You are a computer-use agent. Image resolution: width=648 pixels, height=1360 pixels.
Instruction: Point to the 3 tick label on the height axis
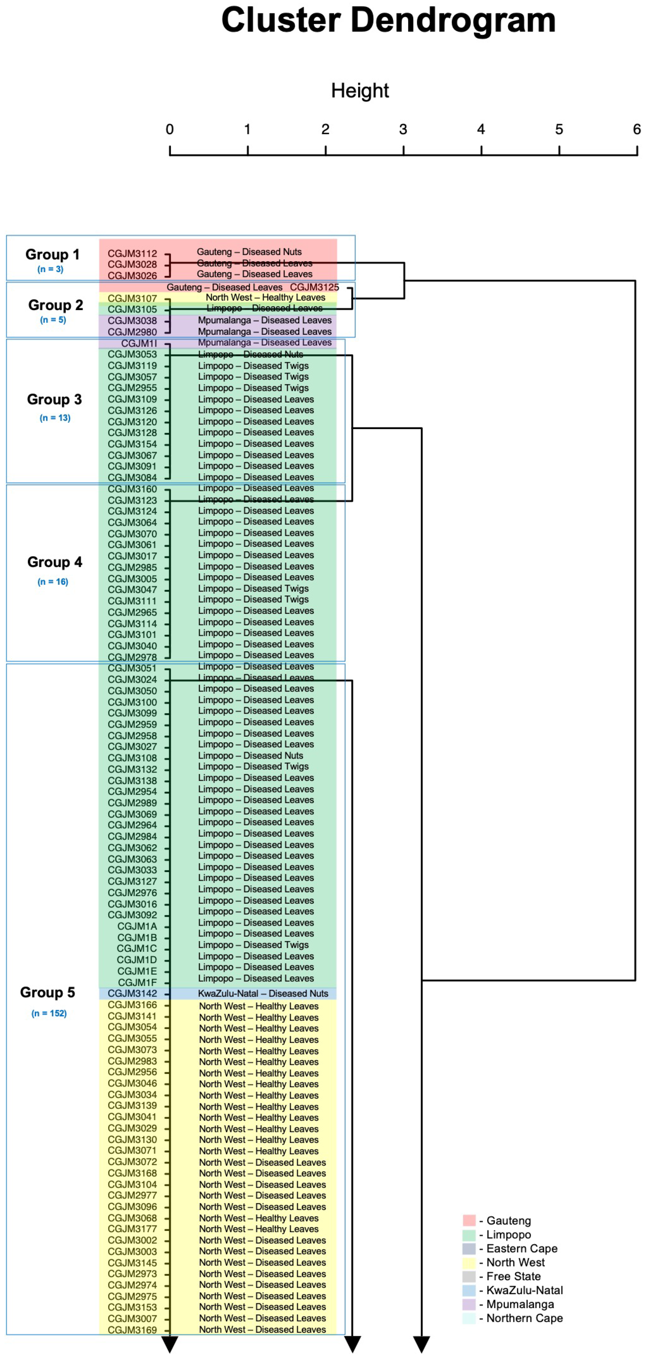[403, 129]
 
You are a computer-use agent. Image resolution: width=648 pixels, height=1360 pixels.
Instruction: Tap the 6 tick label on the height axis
[637, 129]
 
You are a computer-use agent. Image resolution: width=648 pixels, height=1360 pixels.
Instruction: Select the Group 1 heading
[52, 254]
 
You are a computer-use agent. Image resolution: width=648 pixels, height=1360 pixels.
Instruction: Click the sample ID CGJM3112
[132, 253]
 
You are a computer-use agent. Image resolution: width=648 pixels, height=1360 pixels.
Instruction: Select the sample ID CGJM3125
[314, 287]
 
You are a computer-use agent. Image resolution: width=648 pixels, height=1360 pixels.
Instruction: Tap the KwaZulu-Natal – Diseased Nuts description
[263, 994]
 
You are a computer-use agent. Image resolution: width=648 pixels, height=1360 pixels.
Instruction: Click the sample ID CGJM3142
[132, 994]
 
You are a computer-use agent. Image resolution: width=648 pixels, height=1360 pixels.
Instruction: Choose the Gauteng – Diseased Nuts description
[249, 252]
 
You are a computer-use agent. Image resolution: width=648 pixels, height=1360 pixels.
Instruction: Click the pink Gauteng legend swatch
[469, 1220]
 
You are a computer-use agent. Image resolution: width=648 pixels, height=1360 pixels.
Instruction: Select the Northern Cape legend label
[524, 1318]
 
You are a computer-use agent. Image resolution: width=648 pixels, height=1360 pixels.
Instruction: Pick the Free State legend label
[513, 1276]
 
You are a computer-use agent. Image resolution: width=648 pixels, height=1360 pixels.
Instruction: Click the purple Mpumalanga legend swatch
[469, 1305]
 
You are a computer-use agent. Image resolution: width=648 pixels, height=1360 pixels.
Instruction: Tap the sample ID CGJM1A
[137, 926]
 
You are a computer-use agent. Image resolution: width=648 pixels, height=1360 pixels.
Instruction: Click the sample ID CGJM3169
[132, 1330]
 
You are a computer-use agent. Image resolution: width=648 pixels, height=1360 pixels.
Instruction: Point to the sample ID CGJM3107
[132, 298]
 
